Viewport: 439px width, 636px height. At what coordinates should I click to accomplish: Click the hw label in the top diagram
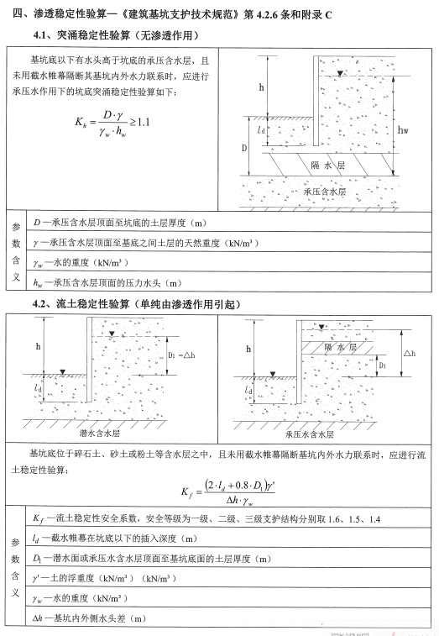[x=404, y=130]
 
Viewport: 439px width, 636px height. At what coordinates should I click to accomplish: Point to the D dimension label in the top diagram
[x=246, y=148]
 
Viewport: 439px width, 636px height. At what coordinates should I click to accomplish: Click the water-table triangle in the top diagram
[x=338, y=74]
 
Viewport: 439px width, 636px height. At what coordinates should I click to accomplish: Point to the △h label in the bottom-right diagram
[x=409, y=354]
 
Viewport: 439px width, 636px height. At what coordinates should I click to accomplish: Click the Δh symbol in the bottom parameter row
[x=39, y=619]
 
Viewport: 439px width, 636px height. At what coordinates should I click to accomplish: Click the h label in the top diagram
[x=260, y=87]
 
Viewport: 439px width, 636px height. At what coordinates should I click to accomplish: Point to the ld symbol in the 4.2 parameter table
[x=37, y=539]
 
